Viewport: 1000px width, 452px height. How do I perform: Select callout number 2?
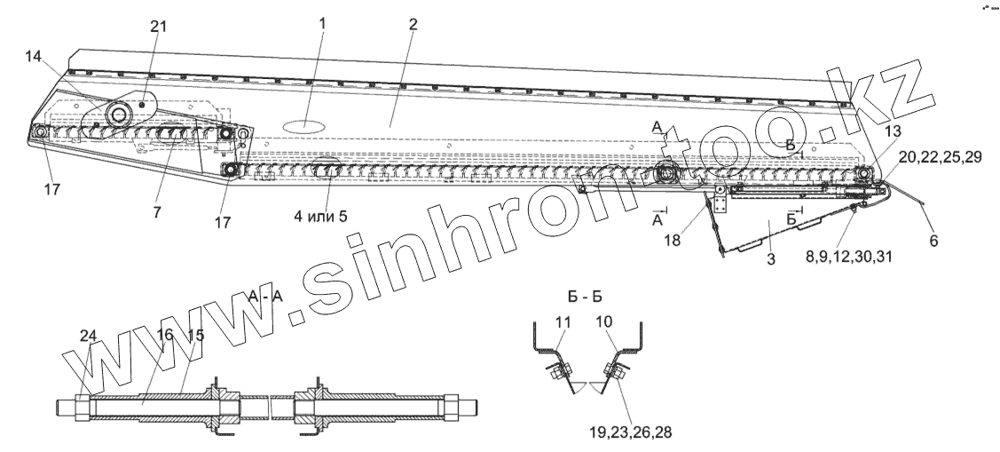413,25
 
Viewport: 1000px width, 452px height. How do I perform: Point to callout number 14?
34,56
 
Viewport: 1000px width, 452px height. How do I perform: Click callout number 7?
156,215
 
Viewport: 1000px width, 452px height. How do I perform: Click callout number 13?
892,131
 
